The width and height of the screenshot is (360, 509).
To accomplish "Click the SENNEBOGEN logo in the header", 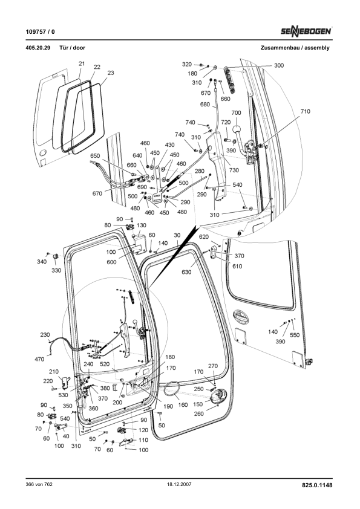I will [x=306, y=30].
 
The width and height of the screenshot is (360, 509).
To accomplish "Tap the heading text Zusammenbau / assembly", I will [x=295, y=47].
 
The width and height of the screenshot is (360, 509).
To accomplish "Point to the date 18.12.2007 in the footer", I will [x=180, y=485].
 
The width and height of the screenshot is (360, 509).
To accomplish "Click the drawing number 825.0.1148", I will [x=316, y=485].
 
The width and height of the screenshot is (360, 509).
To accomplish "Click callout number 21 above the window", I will [x=82, y=63].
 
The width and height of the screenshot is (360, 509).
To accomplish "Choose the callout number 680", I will [x=205, y=104].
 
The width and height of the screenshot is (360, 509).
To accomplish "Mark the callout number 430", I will [x=169, y=145].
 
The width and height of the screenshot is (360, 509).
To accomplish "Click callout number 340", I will [x=41, y=262].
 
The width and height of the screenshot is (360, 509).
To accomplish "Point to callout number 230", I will [x=45, y=335].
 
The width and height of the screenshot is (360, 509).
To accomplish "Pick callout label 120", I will [x=143, y=430].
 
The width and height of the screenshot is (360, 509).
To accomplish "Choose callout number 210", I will [x=53, y=372].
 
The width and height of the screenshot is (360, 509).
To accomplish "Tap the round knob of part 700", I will [x=236, y=129].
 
